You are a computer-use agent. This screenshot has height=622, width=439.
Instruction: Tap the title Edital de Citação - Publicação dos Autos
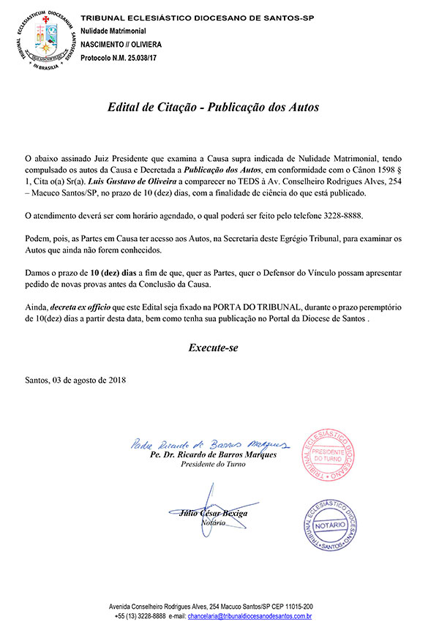(x=219, y=107)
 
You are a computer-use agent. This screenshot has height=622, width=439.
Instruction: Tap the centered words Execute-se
(x=219, y=348)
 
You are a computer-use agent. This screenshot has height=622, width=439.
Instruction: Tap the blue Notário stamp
(x=333, y=526)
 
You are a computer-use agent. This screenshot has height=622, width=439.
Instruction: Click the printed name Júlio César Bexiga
(x=213, y=513)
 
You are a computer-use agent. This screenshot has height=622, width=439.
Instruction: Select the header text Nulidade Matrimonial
(x=113, y=31)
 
